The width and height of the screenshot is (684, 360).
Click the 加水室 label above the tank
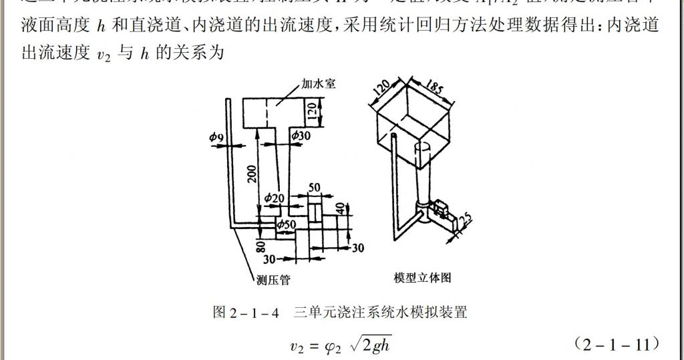(317, 85)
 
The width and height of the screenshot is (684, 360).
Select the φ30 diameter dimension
(300, 136)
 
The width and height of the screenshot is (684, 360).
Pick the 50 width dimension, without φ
(313, 188)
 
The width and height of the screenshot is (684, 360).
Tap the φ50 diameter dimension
(287, 224)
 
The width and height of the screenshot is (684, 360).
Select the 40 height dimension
(341, 210)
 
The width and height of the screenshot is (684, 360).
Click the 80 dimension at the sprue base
(261, 246)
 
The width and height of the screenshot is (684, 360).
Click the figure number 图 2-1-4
(245, 312)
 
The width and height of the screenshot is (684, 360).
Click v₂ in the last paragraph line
(102, 55)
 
